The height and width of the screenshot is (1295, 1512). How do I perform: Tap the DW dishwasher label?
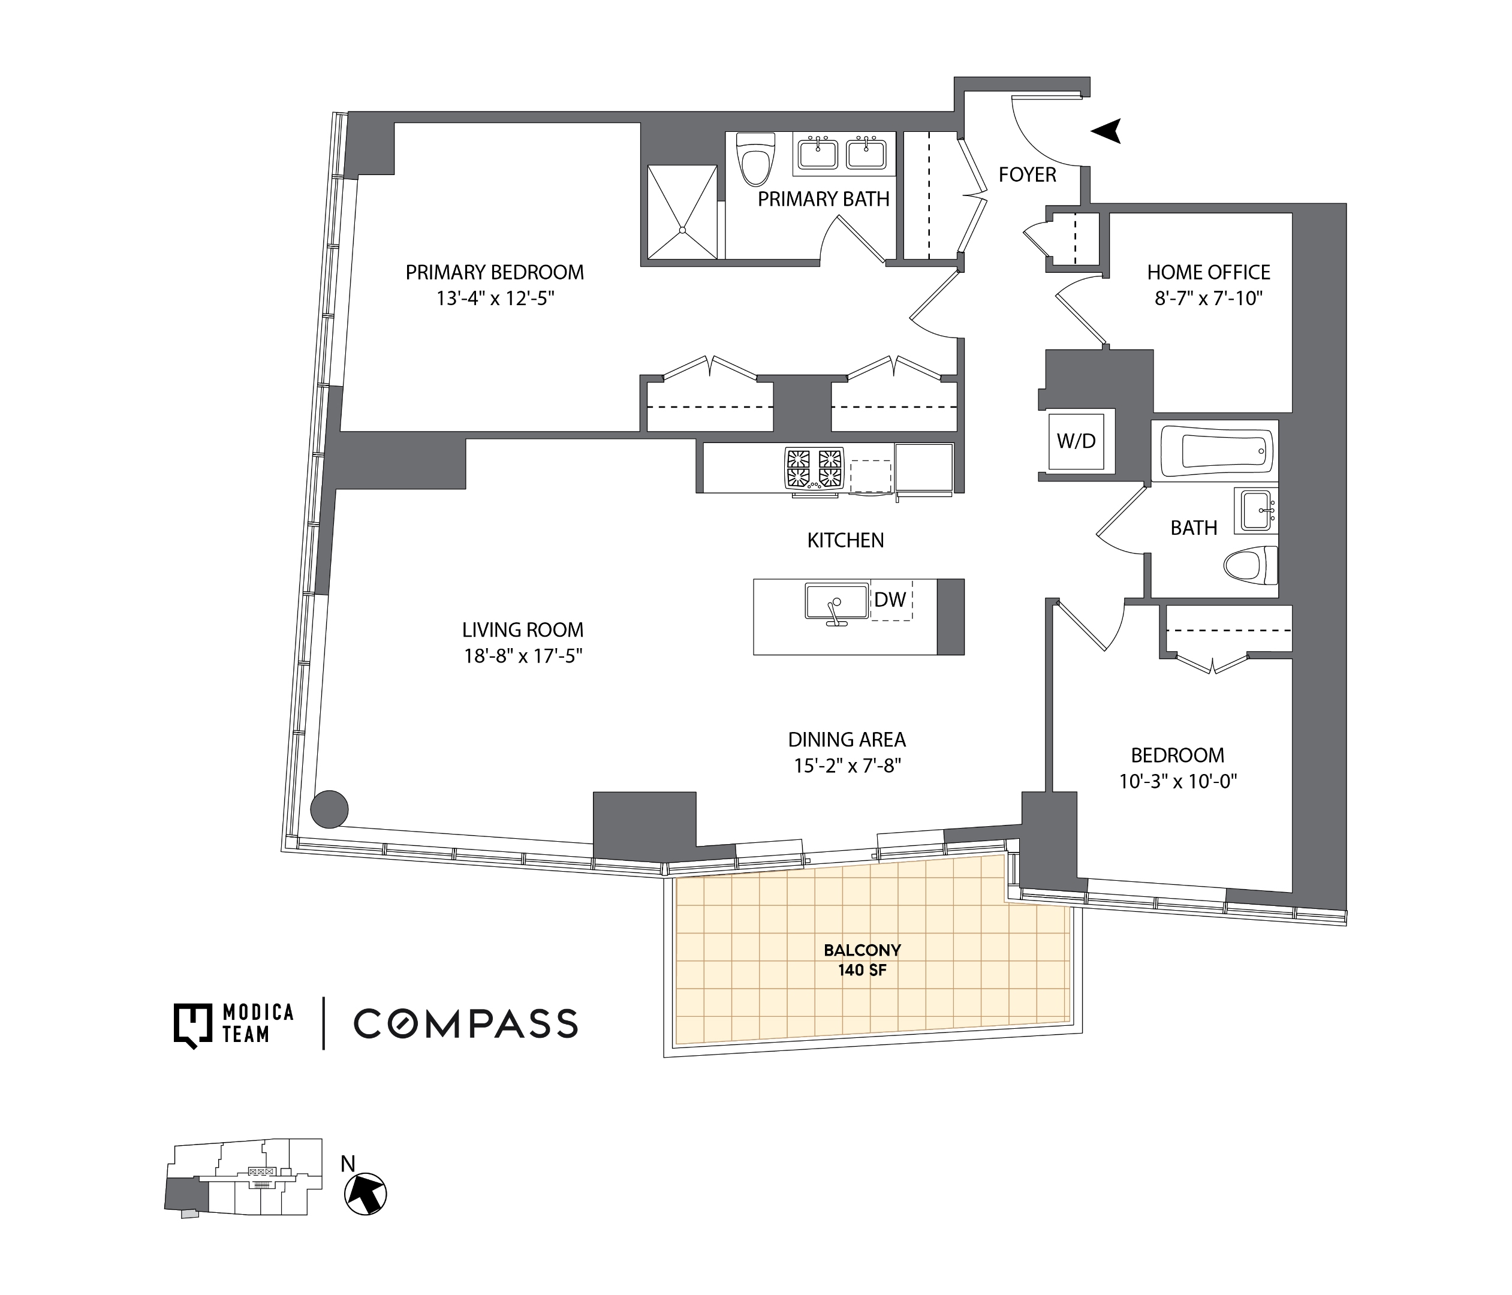(x=890, y=600)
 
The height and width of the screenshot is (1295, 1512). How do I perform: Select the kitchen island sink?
(x=837, y=602)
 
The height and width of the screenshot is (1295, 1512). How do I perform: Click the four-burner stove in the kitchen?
(x=814, y=468)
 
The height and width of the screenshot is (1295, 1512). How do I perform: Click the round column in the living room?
(x=329, y=809)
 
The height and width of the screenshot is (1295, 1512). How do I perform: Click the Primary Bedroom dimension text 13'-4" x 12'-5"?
(x=495, y=299)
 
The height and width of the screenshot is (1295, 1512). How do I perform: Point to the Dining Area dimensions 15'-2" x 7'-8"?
(x=847, y=766)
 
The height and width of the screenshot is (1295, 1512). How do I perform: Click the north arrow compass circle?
(x=366, y=1194)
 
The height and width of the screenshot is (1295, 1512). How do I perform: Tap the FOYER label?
(x=1027, y=175)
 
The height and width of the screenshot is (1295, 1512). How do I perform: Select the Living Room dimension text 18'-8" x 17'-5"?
(x=523, y=656)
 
